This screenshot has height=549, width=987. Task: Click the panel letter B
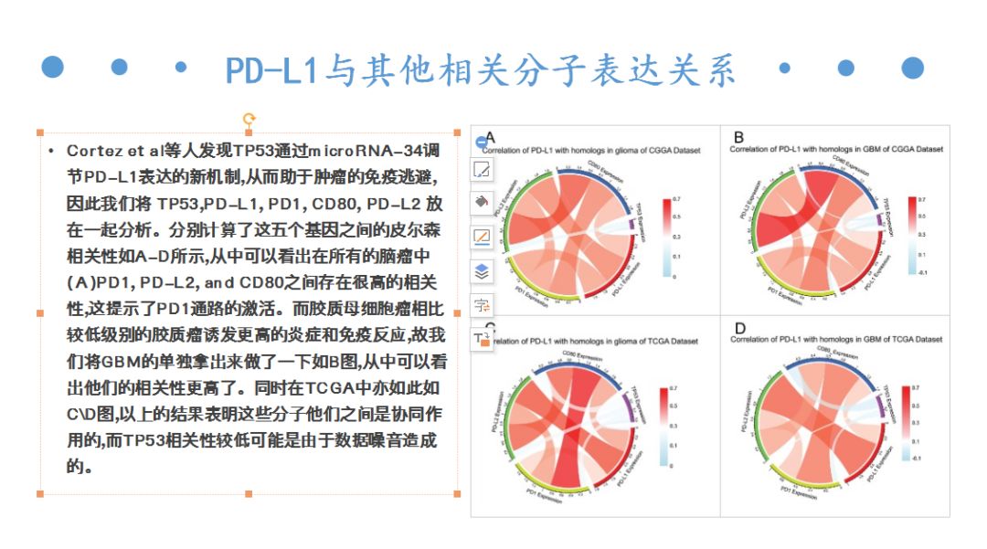(738, 138)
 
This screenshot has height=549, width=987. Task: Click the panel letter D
(739, 329)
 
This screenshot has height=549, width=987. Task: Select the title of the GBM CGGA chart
(836, 149)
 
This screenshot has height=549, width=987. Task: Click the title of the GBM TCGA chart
(836, 339)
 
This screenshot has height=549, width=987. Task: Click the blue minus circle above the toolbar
(482, 143)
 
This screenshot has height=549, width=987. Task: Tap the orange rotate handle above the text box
(249, 119)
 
